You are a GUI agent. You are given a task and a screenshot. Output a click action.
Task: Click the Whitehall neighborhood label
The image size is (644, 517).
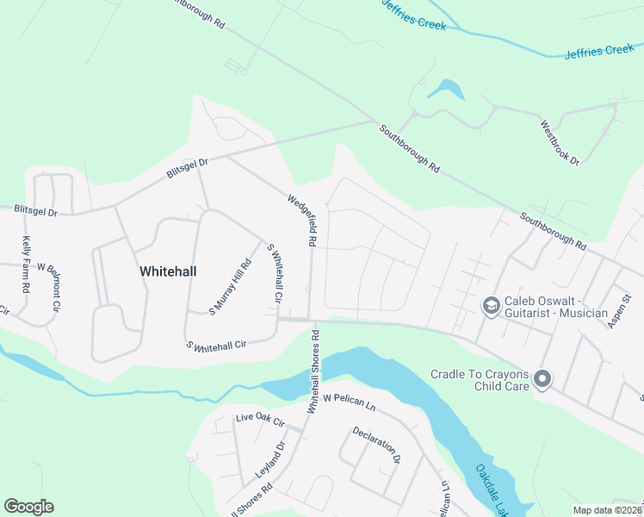point(168,271)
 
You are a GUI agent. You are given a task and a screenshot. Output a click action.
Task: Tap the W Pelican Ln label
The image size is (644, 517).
point(351,400)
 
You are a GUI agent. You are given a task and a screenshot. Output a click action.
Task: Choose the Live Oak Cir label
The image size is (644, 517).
point(259,420)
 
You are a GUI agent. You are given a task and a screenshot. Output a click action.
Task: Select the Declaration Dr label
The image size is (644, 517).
point(376,444)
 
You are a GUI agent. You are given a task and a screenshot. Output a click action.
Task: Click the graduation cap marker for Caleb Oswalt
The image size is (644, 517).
point(491,306)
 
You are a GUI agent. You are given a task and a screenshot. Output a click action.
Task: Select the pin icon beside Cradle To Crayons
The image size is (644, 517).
point(542,379)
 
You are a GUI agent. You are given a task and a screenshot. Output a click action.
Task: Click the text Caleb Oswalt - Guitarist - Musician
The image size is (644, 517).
point(556,306)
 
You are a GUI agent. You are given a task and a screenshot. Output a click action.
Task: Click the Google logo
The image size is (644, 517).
point(28,507)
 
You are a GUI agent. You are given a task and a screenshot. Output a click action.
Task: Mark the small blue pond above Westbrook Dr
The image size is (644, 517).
point(446,88)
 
